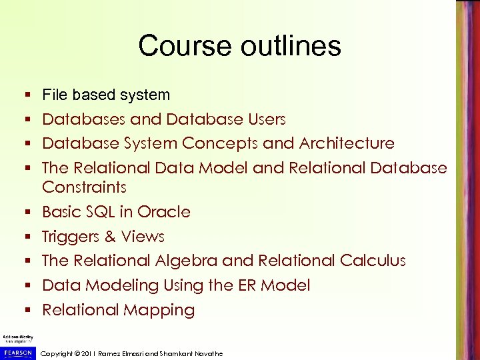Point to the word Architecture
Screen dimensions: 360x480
click(347, 143)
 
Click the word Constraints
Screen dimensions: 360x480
click(84, 187)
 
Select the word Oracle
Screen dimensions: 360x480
click(164, 212)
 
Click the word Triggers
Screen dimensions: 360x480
click(71, 237)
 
